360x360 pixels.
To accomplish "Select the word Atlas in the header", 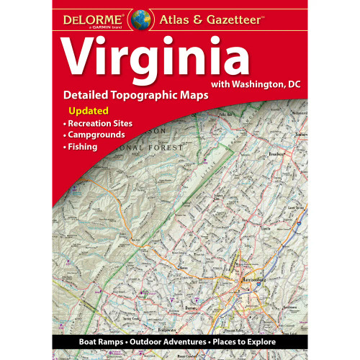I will [176, 18].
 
